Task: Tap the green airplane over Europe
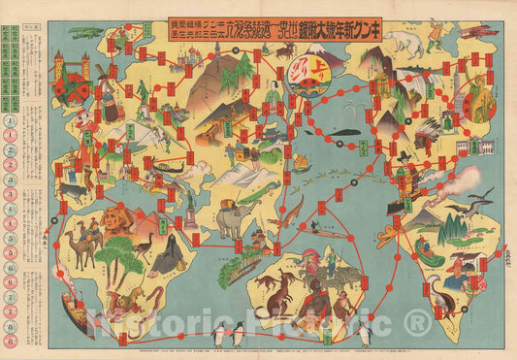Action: [85, 32]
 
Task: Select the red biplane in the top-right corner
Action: [474, 31]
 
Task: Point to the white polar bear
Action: [400, 41]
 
